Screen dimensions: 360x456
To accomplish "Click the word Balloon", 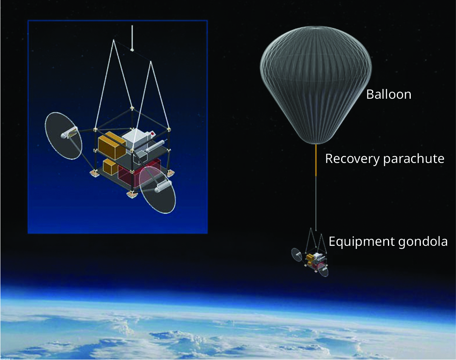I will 388,94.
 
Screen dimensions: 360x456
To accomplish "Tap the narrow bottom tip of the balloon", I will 316,142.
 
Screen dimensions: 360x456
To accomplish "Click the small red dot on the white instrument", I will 153,134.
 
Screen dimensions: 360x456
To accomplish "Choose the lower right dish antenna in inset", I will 157,190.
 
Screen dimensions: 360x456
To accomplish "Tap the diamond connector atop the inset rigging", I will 132,50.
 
